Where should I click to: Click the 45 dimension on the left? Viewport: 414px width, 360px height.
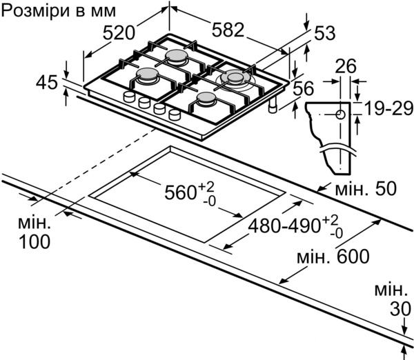click(47, 83)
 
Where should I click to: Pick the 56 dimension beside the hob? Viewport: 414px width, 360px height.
click(304, 88)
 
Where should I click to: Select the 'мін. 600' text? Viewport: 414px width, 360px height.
click(333, 257)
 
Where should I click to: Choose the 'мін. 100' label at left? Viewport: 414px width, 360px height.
click(34, 232)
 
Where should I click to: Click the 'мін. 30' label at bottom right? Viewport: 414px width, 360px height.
click(389, 300)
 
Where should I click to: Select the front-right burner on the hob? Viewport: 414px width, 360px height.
click(206, 101)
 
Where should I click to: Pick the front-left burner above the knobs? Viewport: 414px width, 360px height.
click(148, 77)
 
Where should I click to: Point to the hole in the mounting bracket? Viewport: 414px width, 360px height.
click(340, 114)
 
